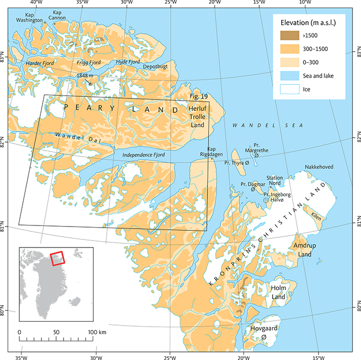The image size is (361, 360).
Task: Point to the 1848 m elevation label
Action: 88,76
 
